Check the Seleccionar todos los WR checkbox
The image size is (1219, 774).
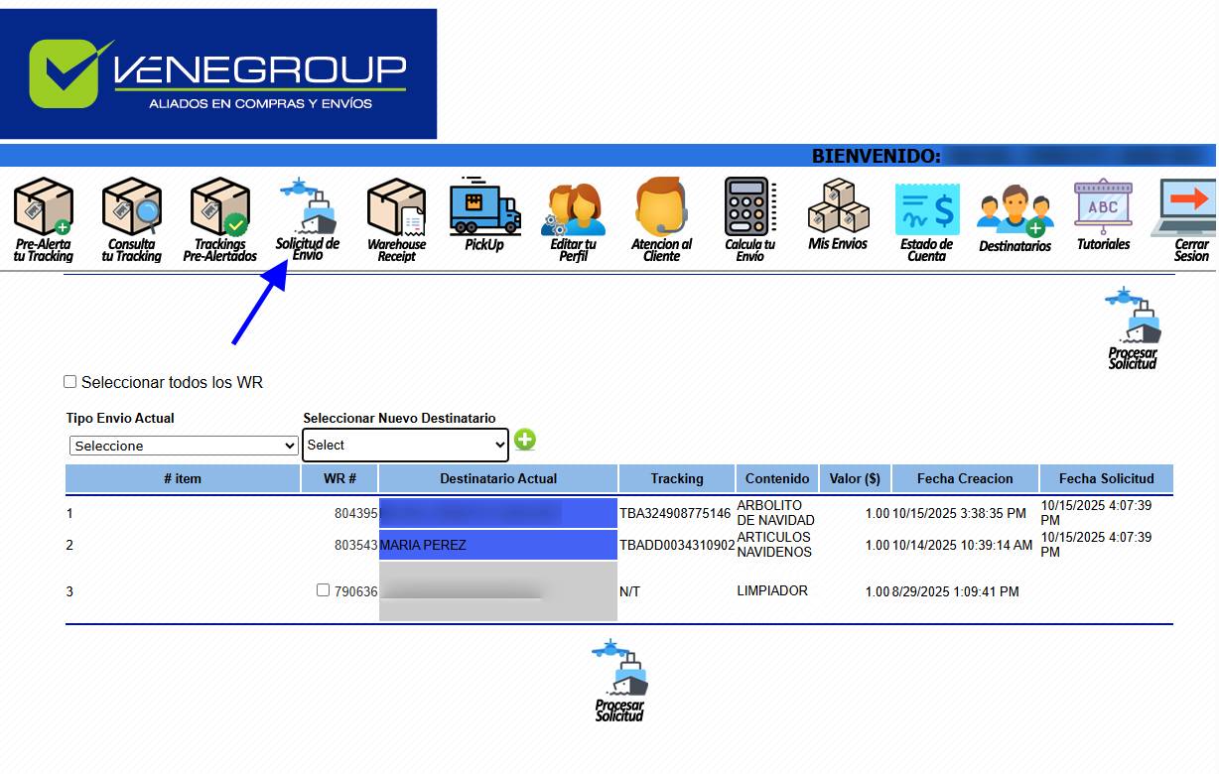pyautogui.click(x=69, y=382)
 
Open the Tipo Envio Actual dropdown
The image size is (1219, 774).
pyautogui.click(x=184, y=446)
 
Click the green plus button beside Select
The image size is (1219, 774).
pyautogui.click(x=524, y=440)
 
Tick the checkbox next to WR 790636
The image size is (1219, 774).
pyautogui.click(x=323, y=590)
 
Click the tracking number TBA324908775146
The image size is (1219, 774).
pyautogui.click(x=675, y=514)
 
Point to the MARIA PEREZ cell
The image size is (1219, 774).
pyautogui.click(x=497, y=545)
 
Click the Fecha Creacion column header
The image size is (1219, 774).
pyautogui.click(x=964, y=478)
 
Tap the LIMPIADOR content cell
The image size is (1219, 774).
pyautogui.click(x=772, y=590)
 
